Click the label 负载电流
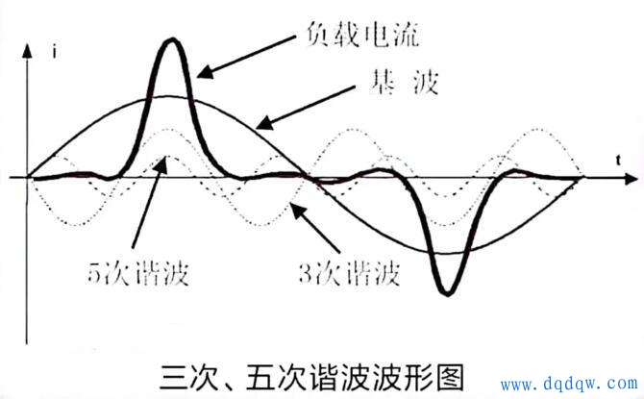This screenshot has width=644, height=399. click(x=363, y=34)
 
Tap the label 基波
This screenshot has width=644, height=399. click(x=404, y=82)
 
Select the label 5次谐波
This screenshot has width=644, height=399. click(x=138, y=272)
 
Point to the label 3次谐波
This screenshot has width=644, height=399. click(x=350, y=274)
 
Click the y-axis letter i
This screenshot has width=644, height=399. click(x=54, y=52)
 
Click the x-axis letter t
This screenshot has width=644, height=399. click(x=618, y=160)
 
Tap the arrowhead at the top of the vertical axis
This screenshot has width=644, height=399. click(x=27, y=51)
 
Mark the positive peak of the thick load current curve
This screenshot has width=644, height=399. click(x=172, y=39)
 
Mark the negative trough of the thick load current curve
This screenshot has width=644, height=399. click(x=447, y=293)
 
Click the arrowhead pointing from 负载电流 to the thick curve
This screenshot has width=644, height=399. click(x=205, y=71)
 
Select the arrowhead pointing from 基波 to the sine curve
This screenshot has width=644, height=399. click(x=264, y=122)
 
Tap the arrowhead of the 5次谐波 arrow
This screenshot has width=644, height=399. click(x=163, y=163)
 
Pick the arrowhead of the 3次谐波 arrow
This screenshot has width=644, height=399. click(x=298, y=211)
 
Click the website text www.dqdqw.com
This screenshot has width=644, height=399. click(x=569, y=384)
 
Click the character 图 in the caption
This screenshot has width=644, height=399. click(x=450, y=377)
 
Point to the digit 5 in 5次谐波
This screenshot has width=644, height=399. click(x=93, y=273)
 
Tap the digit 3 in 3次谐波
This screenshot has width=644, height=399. click(x=305, y=274)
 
